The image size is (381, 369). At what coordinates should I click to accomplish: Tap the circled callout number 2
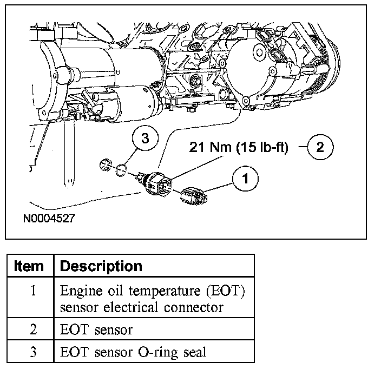[320, 147]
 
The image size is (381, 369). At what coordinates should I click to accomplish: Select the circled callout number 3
[144, 138]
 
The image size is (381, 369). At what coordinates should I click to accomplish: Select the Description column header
[101, 266]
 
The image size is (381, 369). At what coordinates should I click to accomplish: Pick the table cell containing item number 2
[33, 329]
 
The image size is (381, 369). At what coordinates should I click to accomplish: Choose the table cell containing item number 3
[33, 352]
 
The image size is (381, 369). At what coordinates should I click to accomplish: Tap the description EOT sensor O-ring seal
[133, 352]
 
